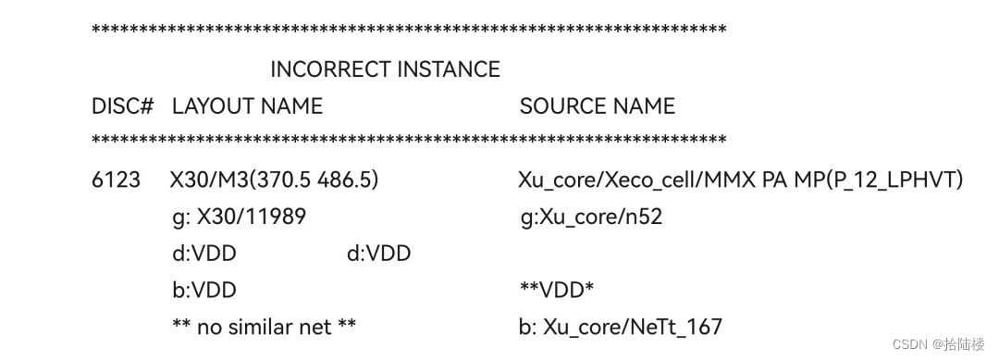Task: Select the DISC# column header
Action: pyautogui.click(x=122, y=106)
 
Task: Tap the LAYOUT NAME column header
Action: pyautogui.click(x=247, y=106)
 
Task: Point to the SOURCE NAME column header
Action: pyautogui.click(x=597, y=106)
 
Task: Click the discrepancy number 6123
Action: pyautogui.click(x=116, y=180)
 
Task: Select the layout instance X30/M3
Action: pyautogui.click(x=204, y=180)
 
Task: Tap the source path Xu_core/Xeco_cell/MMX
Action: pyautogui.click(x=637, y=180)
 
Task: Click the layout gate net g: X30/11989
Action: pyautogui.click(x=239, y=217)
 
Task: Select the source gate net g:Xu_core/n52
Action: pyautogui.click(x=591, y=217)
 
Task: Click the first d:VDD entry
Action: pyautogui.click(x=204, y=254)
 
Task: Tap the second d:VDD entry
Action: pyautogui.click(x=378, y=254)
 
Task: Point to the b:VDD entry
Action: pyautogui.click(x=204, y=291)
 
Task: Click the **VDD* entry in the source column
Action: pyautogui.click(x=557, y=291)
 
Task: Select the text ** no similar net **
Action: pyautogui.click(x=265, y=327)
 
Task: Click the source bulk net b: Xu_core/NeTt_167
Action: pyautogui.click(x=621, y=327)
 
